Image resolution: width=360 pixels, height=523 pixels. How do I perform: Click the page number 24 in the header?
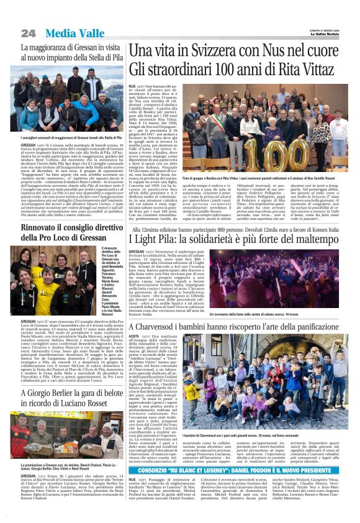click(x=28, y=32)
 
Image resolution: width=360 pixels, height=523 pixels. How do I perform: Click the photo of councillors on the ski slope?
click(x=70, y=99)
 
